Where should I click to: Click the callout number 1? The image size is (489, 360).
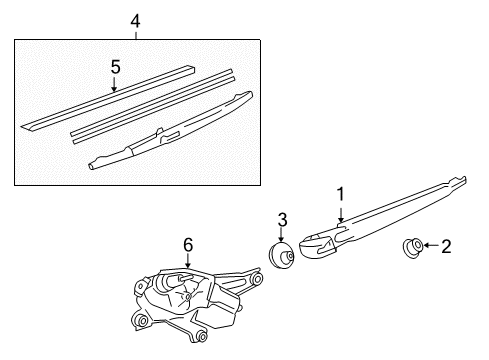tap(340, 194)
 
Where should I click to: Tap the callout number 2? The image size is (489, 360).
tap(446, 245)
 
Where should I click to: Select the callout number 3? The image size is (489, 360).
tap(283, 219)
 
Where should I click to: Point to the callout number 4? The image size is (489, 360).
tap(137, 20)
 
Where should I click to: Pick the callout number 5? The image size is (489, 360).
tap(115, 67)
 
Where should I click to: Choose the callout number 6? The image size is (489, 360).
tap(186, 242)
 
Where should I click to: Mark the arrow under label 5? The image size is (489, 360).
tap(115, 84)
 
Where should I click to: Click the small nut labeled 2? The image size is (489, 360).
tap(411, 245)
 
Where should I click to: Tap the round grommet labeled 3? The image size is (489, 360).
tap(279, 255)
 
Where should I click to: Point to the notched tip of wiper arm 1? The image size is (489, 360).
tap(459, 182)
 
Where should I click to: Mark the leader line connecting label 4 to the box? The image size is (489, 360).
tap(137, 33)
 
